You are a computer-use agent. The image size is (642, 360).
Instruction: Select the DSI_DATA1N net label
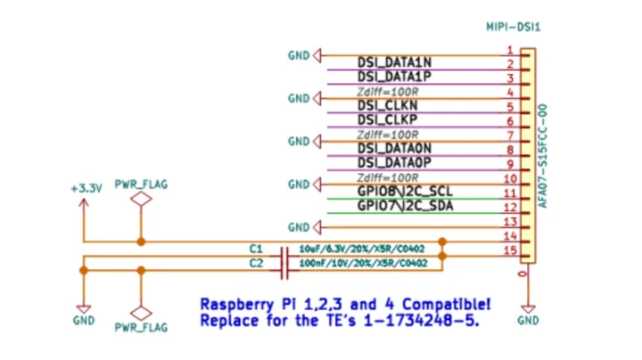point(394,62)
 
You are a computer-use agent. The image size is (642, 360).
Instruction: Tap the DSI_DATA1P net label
point(394,77)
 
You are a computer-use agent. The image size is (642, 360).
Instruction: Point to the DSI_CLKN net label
point(387,105)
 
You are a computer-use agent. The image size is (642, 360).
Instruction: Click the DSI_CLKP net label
point(387,119)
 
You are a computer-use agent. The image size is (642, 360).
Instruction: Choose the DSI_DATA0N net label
point(394,148)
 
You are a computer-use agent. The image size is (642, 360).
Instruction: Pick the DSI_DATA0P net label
point(394,162)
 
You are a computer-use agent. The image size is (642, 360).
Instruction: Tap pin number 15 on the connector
point(510,250)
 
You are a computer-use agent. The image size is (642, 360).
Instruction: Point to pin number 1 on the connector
point(508,50)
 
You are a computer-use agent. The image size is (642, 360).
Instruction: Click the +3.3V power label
point(86,189)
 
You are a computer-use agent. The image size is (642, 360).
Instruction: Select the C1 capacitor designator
point(256,249)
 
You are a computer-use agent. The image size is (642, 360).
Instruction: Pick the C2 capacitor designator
point(256,264)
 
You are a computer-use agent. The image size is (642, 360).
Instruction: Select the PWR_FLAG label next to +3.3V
point(141,184)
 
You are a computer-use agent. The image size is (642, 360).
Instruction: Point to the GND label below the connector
point(528,320)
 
